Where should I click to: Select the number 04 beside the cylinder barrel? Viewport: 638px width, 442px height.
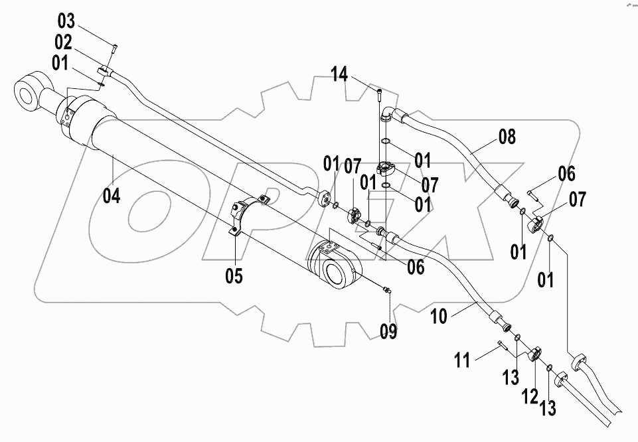pyautogui.click(x=112, y=196)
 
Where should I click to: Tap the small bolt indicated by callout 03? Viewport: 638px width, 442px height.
pyautogui.click(x=114, y=46)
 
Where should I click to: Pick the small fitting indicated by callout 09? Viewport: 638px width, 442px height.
pyautogui.click(x=386, y=289)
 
